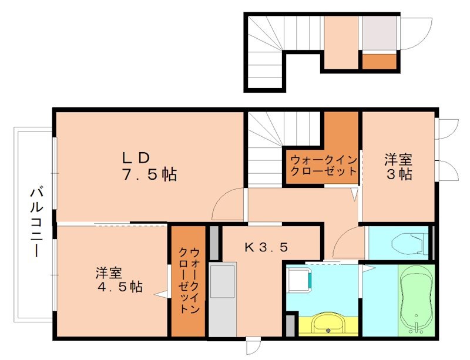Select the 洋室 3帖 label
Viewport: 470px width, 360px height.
point(398,166)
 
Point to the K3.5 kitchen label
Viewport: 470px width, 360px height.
point(266,247)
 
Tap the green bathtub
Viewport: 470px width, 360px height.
point(417,300)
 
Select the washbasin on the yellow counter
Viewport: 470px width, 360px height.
point(324,324)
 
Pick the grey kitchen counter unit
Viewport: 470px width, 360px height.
point(222,300)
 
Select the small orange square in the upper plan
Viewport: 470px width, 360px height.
point(379,61)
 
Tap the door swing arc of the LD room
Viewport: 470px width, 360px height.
point(227,203)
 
